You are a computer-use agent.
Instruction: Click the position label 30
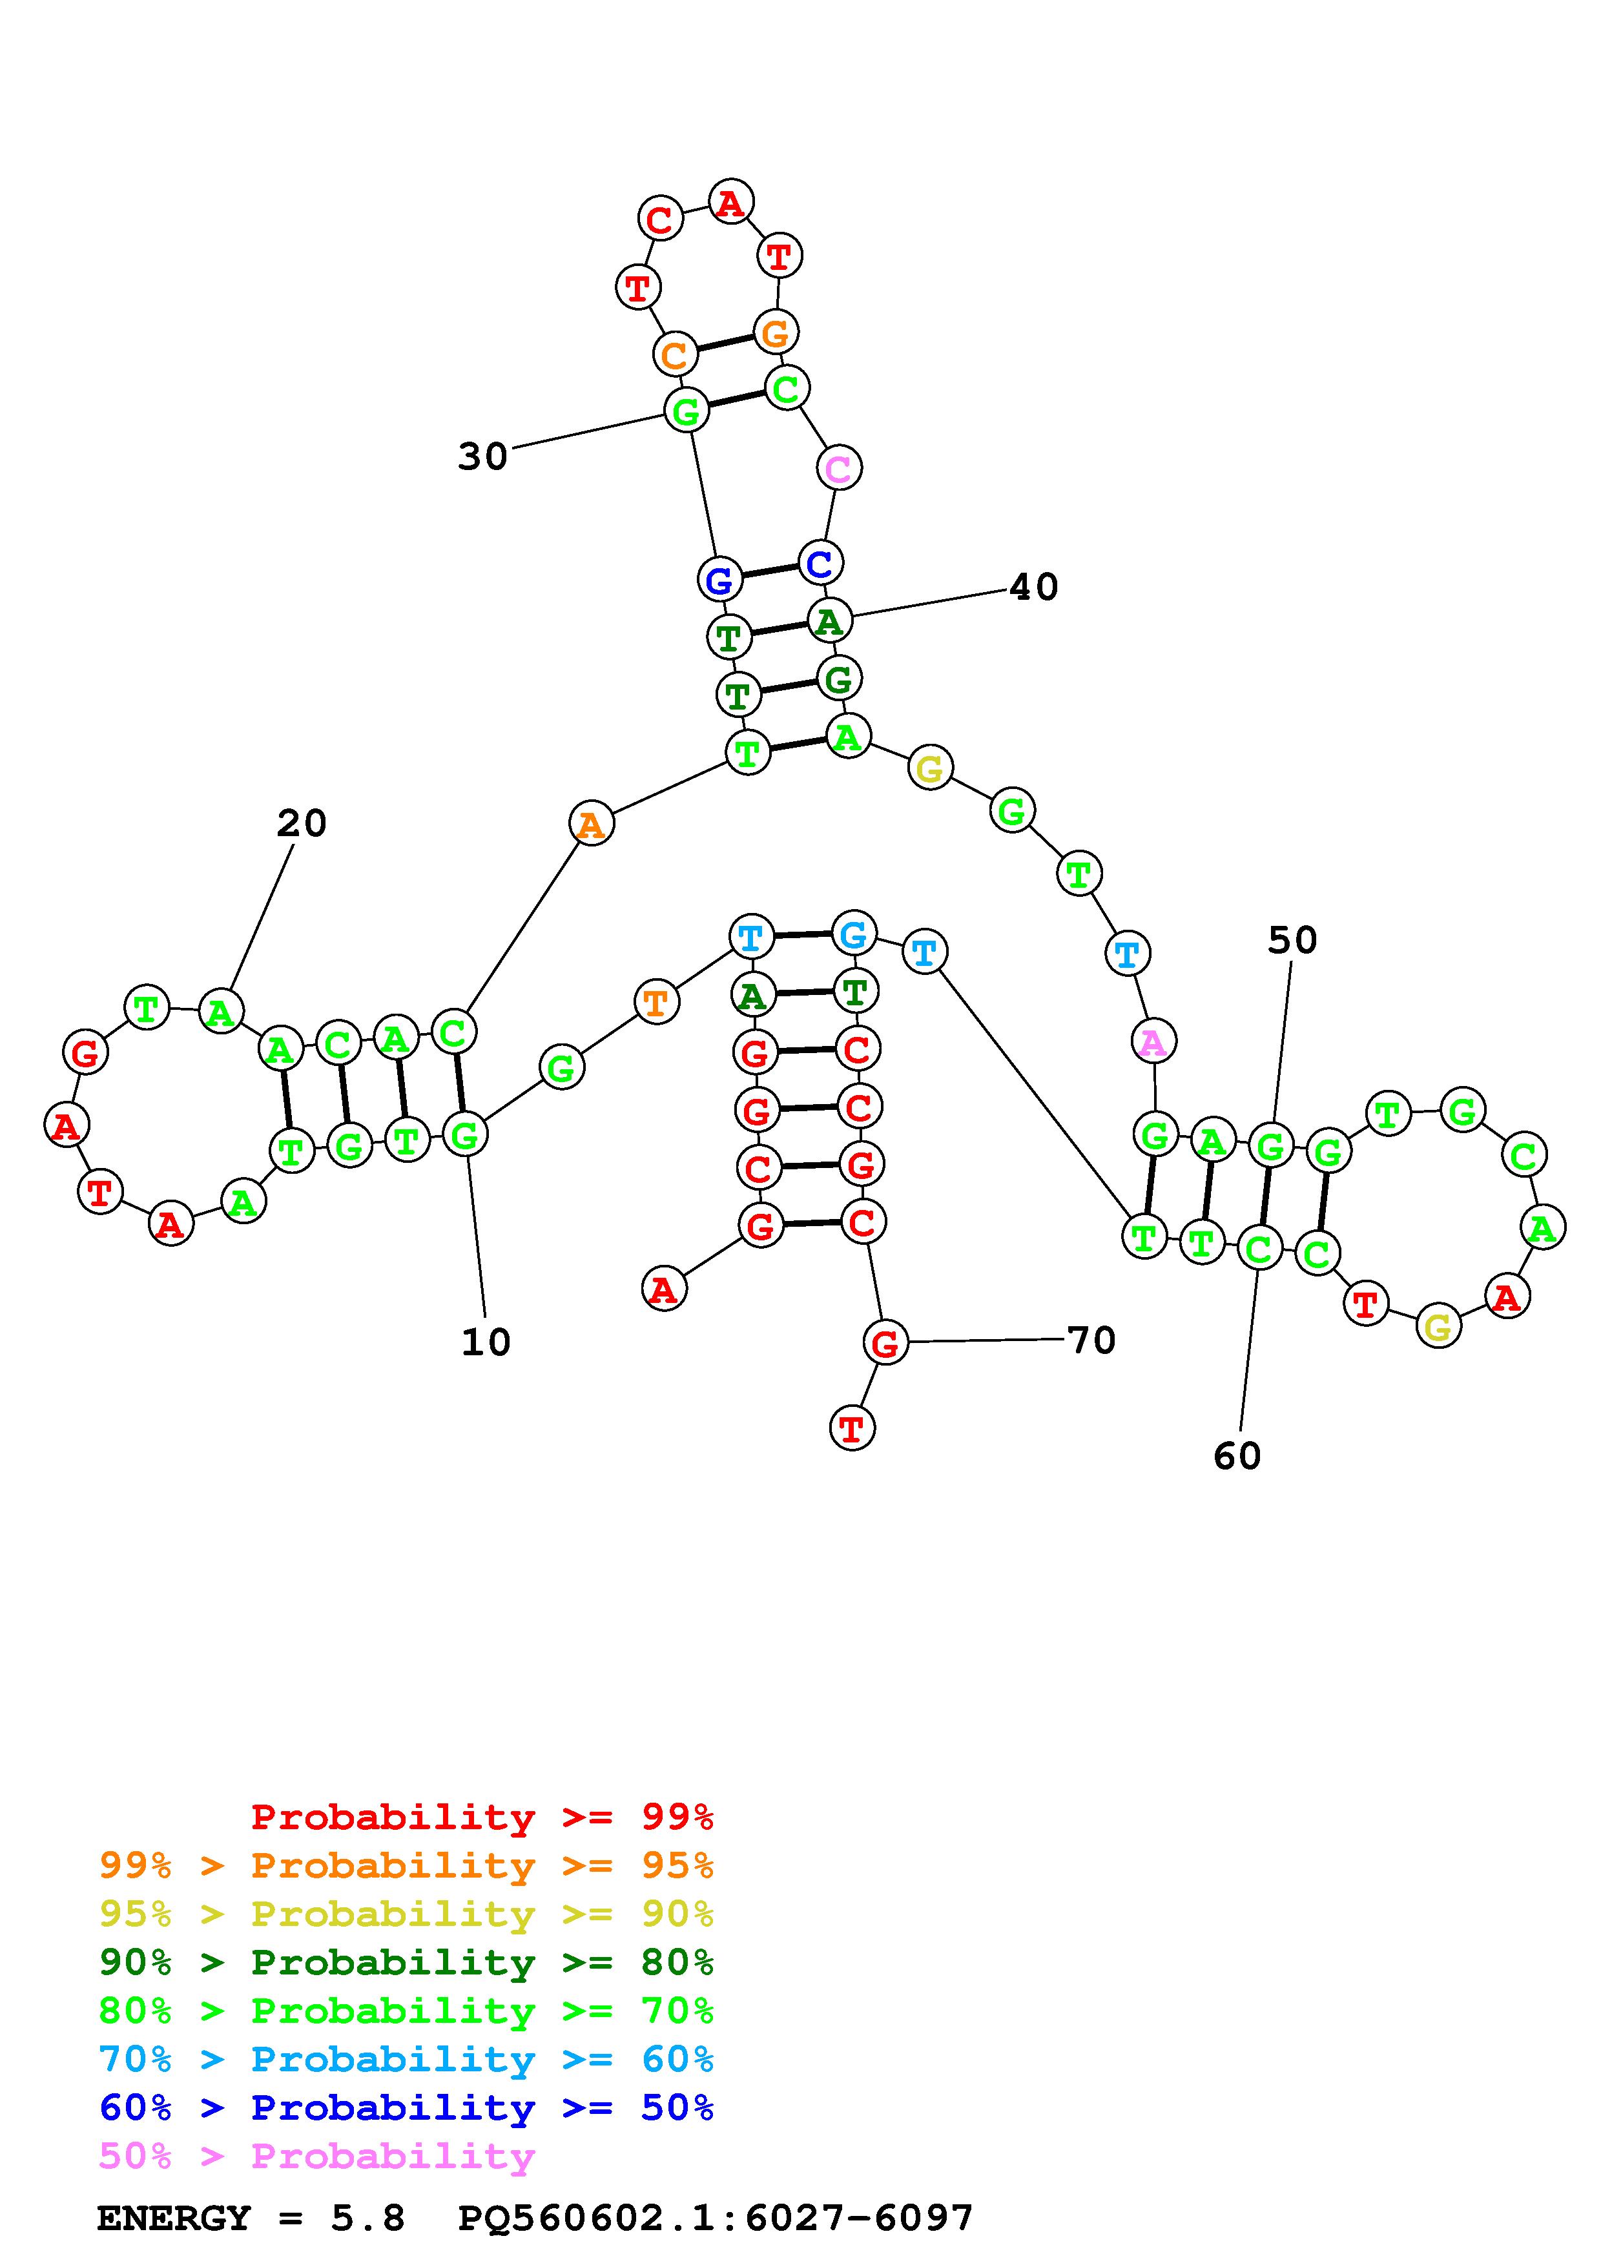click(482, 456)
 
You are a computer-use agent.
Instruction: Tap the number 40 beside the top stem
click(1034, 588)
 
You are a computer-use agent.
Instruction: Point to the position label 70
click(1091, 1340)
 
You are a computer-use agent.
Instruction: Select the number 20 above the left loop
click(301, 823)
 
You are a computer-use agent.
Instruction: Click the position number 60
click(1237, 1456)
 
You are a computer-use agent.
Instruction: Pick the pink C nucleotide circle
click(838, 467)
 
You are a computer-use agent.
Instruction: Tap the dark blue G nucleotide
click(720, 580)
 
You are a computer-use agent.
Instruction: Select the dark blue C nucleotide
click(820, 563)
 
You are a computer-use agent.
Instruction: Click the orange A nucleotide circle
click(591, 824)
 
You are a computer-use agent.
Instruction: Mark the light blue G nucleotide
click(853, 933)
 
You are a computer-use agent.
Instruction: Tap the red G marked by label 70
click(885, 1342)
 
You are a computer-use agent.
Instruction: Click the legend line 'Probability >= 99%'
click(482, 1817)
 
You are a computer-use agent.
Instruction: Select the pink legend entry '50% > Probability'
click(316, 2157)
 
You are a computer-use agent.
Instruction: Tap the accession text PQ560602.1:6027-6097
click(715, 2219)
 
